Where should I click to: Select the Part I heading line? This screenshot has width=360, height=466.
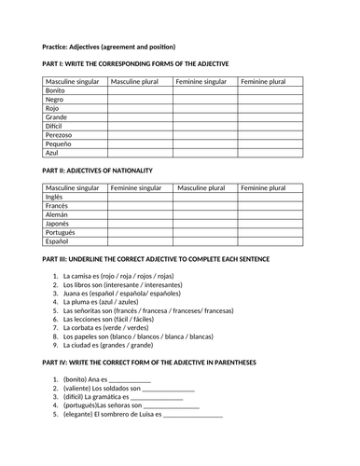[x=135, y=64]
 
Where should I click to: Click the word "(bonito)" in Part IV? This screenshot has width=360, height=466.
[x=76, y=380]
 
